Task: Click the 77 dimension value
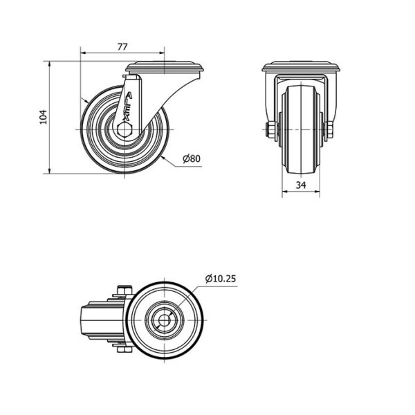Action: tap(122, 47)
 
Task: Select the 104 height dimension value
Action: tap(43, 117)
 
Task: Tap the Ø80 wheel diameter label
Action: tap(192, 158)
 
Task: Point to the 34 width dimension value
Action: tap(301, 185)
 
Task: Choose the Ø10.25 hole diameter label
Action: tap(221, 279)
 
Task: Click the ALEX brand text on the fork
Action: tap(127, 107)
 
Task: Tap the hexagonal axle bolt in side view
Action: tap(124, 130)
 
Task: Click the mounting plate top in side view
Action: tap(165, 67)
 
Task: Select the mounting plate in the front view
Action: tap(301, 66)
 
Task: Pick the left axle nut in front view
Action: tap(272, 130)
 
